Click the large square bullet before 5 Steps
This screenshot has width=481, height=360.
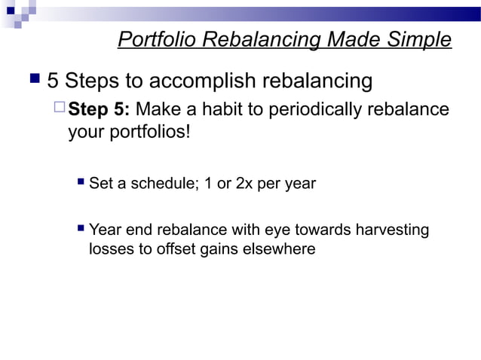[32, 79]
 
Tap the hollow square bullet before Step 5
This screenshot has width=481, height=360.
[60, 111]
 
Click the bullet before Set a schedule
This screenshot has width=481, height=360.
[81, 182]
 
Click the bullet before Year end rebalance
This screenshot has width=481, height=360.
[81, 229]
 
